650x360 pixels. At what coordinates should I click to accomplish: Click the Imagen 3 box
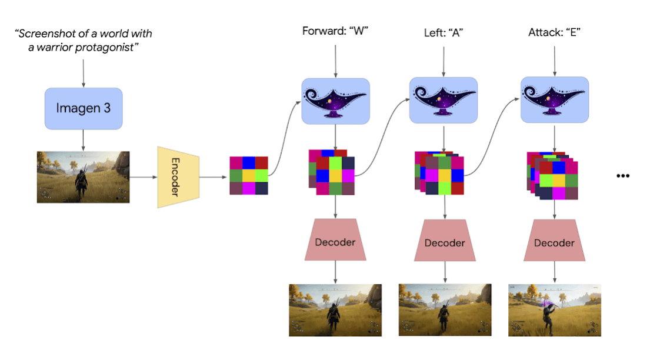click(x=83, y=109)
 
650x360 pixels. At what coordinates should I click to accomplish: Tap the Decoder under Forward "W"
click(x=335, y=242)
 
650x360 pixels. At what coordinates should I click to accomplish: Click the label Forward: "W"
click(x=335, y=31)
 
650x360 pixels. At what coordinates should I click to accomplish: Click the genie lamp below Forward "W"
click(x=335, y=101)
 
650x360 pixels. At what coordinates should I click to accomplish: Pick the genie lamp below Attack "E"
click(x=554, y=101)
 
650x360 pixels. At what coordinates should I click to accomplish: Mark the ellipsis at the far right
click(x=623, y=176)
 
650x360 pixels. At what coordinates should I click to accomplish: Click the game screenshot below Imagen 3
click(x=83, y=176)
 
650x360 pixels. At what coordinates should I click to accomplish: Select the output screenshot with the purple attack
click(x=554, y=310)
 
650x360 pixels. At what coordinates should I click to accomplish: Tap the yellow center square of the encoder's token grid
click(x=249, y=175)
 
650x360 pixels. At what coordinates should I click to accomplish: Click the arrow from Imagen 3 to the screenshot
click(x=83, y=139)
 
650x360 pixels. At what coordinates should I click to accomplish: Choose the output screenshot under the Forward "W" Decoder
click(x=335, y=310)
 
